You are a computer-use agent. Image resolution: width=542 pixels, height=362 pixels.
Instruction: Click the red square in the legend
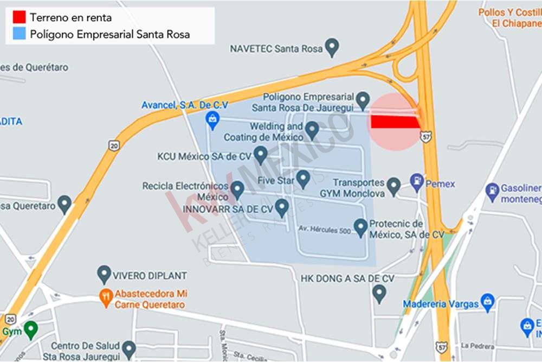coord(20,17)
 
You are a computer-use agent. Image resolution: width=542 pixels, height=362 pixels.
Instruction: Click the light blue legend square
coord(20,34)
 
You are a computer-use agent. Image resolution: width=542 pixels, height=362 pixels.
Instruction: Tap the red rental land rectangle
coord(395,122)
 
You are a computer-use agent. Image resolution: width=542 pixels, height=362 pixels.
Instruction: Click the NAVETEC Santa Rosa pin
coord(332,47)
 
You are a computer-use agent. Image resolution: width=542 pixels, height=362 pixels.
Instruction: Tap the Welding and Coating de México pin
coord(312,130)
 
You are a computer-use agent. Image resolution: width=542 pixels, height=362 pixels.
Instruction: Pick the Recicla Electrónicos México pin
coord(237,189)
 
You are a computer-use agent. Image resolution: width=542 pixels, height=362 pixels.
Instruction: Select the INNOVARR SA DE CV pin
coord(281,207)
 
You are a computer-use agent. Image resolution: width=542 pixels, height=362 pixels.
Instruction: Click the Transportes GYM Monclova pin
coord(394,186)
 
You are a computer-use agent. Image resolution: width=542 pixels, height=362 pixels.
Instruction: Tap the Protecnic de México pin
coord(360,227)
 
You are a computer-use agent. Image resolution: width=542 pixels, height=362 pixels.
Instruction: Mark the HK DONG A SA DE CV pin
coord(379,294)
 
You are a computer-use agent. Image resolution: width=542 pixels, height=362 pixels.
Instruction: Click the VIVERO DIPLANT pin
coord(104,274)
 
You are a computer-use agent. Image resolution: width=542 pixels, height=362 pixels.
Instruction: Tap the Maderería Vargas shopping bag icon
coord(488,302)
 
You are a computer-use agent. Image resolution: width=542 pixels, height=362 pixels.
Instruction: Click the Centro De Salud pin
coord(128,348)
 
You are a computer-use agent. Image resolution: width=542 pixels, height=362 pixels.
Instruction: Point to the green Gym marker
coord(31,329)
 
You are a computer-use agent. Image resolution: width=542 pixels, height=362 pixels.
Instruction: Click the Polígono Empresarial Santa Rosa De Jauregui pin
coord(363,100)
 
